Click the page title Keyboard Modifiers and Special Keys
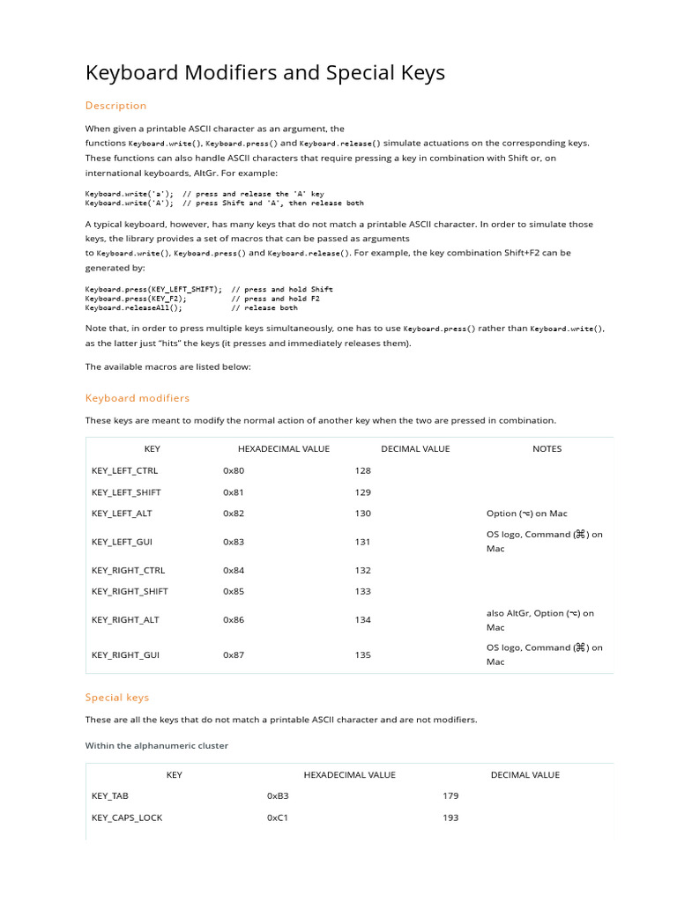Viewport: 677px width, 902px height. pos(264,72)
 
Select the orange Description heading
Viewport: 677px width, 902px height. pos(115,106)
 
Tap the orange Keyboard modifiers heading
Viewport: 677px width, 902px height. pos(137,398)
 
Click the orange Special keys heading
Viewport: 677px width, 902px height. pos(117,698)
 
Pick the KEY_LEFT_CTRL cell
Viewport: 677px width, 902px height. pos(124,471)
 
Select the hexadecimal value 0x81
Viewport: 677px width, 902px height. pos(234,492)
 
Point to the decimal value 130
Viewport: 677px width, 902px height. pos(363,514)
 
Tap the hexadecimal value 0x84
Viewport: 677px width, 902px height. pos(234,570)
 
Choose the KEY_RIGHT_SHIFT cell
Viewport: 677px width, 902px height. pos(130,591)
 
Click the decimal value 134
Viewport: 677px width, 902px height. pos(363,619)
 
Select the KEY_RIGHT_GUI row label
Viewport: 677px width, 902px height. pos(125,654)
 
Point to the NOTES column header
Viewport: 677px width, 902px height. pos(547,448)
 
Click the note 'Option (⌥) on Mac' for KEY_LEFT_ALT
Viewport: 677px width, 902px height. pos(526,514)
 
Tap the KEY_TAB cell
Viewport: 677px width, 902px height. pos(110,795)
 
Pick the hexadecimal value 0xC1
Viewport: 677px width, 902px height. pos(278,817)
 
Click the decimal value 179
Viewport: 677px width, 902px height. pos(450,795)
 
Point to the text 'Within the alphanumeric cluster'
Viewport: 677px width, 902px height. pos(156,745)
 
